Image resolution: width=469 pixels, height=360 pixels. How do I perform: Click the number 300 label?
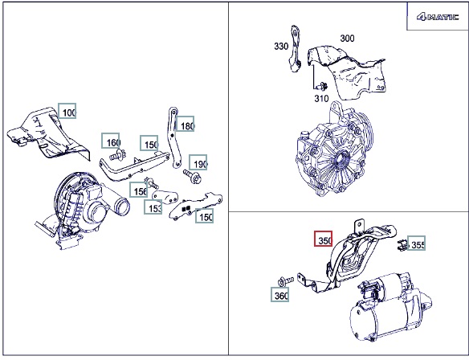(x=347, y=39)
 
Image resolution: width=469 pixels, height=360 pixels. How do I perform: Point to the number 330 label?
(x=281, y=46)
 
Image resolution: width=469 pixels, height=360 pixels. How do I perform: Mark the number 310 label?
(x=321, y=98)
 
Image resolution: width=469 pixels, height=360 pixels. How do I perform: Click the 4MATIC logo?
(x=438, y=17)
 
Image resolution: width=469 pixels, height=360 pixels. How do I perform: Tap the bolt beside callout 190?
(x=192, y=176)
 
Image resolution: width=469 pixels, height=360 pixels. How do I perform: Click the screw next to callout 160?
(x=117, y=155)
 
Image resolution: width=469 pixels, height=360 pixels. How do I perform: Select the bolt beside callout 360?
(x=286, y=281)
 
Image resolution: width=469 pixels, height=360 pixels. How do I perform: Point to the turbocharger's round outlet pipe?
(x=121, y=206)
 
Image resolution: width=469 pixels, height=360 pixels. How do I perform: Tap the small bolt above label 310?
(x=323, y=86)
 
